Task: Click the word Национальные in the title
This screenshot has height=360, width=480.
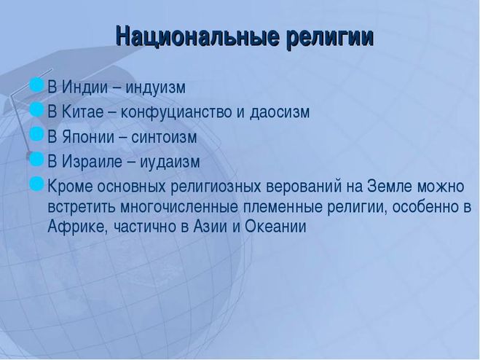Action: [197, 36]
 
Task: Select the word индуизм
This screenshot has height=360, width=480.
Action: [156, 88]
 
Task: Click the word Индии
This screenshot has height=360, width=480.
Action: [84, 87]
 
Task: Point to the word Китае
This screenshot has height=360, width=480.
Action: [82, 111]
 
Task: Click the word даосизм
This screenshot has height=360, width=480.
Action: [280, 112]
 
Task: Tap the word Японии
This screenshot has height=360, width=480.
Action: [88, 137]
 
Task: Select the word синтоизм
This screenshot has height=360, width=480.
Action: [164, 137]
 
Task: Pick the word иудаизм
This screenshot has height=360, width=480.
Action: [170, 162]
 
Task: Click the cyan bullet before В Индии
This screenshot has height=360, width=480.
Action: [36, 85]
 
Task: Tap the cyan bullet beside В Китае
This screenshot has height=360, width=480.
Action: [36, 110]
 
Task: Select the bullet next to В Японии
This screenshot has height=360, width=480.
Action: [36, 134]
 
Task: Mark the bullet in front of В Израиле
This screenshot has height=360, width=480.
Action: [36, 159]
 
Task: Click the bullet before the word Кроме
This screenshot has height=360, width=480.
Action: [36, 184]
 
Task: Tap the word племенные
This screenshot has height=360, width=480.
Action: [283, 207]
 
